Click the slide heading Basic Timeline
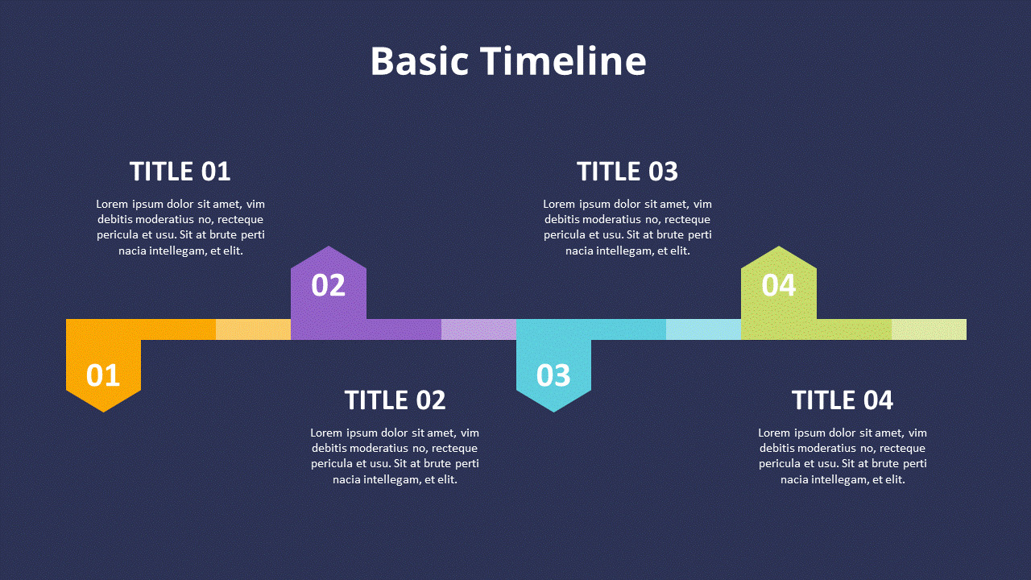[x=507, y=61]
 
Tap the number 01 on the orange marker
[x=103, y=375]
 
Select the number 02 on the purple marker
[x=329, y=285]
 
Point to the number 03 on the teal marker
[x=553, y=375]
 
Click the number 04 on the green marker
[x=779, y=285]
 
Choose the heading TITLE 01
[x=180, y=172]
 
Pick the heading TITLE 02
[x=395, y=400]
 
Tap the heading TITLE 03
[x=627, y=172]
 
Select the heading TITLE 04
[x=843, y=400]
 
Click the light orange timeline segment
[x=253, y=329]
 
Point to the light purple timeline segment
[x=478, y=329]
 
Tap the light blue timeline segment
[x=703, y=329]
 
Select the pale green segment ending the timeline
[x=929, y=329]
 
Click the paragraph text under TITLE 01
[x=180, y=227]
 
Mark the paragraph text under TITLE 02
[x=395, y=456]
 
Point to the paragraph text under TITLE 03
[x=627, y=227]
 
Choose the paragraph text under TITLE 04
[x=843, y=456]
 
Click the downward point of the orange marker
[x=103, y=406]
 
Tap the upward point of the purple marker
[x=329, y=252]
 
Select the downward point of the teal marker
[x=553, y=406]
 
